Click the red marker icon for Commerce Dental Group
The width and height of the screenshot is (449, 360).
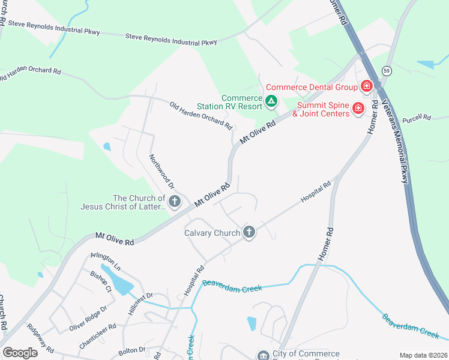[366, 87]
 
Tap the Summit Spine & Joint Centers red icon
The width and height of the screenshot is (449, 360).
[358, 108]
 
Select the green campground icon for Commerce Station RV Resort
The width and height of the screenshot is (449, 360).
[271, 101]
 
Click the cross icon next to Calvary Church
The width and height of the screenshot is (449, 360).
[249, 232]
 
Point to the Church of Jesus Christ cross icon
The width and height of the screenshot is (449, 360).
[175, 202]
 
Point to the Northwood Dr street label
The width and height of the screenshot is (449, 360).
[161, 171]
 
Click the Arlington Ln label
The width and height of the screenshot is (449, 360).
[106, 262]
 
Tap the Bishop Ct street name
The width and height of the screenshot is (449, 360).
[101, 280]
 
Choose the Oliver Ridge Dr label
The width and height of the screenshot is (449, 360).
[88, 317]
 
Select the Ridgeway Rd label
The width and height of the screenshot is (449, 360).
[41, 339]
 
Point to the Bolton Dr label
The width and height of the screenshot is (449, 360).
[133, 349]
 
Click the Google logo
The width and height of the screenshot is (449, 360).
[20, 353]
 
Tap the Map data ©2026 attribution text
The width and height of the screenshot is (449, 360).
[423, 355]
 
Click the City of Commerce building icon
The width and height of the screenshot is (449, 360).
[263, 356]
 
